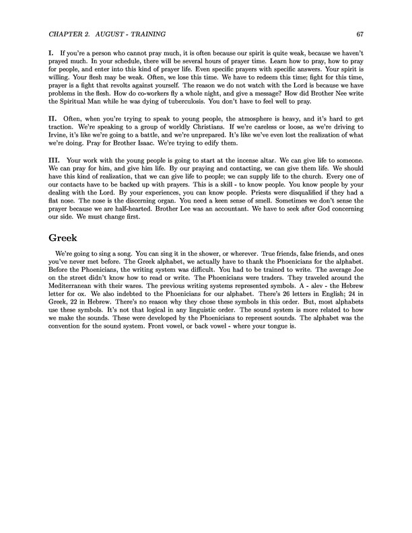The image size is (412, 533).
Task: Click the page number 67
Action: coord(359,34)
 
